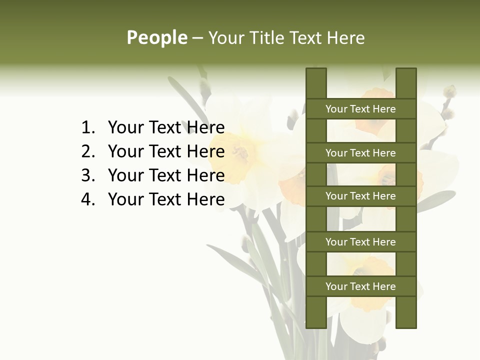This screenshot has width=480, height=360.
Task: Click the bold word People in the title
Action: click(156, 37)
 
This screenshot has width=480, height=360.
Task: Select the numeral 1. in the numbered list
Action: click(88, 127)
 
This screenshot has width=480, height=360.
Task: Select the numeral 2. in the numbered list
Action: click(88, 151)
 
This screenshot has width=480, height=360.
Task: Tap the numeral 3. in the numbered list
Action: click(88, 175)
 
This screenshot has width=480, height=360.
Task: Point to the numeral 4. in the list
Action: click(88, 199)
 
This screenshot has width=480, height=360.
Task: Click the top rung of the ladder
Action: click(360, 109)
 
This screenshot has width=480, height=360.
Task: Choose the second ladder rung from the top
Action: click(360, 153)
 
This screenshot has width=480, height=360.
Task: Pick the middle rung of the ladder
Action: click(360, 196)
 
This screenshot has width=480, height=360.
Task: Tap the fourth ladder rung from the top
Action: click(360, 242)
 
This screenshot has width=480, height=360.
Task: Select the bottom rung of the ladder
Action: click(360, 286)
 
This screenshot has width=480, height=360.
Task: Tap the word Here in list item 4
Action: click(205, 199)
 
